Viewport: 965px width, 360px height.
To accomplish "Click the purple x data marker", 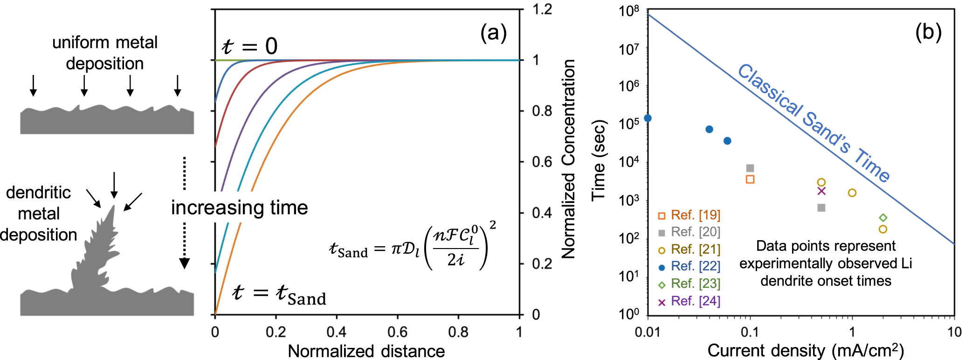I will (x=821, y=191).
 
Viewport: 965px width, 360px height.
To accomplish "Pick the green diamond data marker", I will (x=883, y=218).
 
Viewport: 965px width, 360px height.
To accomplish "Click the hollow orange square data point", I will (x=750, y=179).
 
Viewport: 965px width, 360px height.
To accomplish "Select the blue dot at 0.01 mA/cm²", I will (x=648, y=118).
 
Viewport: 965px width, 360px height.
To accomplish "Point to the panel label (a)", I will (x=493, y=34).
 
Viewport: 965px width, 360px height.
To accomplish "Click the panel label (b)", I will (x=928, y=33).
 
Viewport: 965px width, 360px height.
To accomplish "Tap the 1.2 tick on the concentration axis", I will (x=542, y=9).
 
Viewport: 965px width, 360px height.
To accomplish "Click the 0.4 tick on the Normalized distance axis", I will (x=337, y=332).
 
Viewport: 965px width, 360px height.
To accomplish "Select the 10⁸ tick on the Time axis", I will (x=629, y=11).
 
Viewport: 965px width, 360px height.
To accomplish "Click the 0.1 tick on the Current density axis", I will (x=750, y=332).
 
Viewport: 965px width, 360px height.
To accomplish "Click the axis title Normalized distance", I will (x=366, y=351).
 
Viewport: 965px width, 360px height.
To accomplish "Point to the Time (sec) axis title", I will (x=599, y=161).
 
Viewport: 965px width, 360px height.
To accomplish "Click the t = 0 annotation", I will (x=249, y=46).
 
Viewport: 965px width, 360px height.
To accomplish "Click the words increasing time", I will (x=239, y=208).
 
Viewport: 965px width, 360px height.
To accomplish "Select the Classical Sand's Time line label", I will (x=813, y=123).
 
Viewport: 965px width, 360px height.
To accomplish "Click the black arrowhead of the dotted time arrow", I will (x=185, y=264).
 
